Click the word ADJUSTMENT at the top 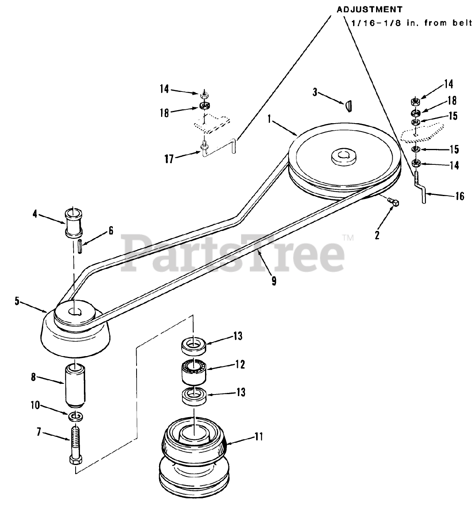point(369,9)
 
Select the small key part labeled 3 point(349,106)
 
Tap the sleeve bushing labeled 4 point(74,222)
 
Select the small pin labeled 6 point(80,248)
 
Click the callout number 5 point(17,301)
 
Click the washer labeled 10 point(75,416)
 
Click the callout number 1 point(270,118)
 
